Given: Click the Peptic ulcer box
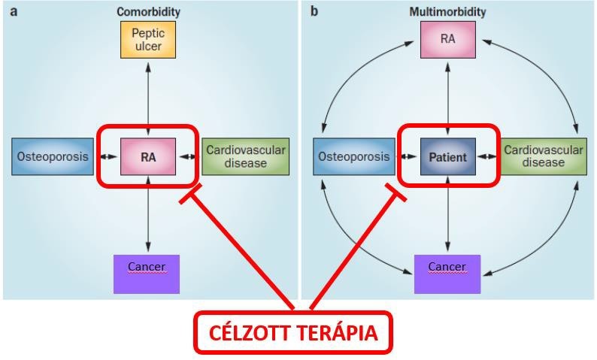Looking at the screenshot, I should [x=147, y=40].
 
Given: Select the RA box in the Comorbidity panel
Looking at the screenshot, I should [x=147, y=158].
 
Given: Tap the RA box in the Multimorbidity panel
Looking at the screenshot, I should [x=447, y=40].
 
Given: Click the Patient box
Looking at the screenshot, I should [x=447, y=158].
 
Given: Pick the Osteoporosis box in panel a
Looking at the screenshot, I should [x=50, y=157].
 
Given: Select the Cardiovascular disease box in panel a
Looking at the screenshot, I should [x=246, y=157].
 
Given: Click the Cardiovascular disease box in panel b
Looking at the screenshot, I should [x=543, y=157].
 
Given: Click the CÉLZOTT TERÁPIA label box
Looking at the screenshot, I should [x=293, y=333].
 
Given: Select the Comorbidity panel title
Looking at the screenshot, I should [x=148, y=12].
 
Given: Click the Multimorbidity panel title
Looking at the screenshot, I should [x=447, y=12].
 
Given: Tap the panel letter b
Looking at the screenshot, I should [x=314, y=11].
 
